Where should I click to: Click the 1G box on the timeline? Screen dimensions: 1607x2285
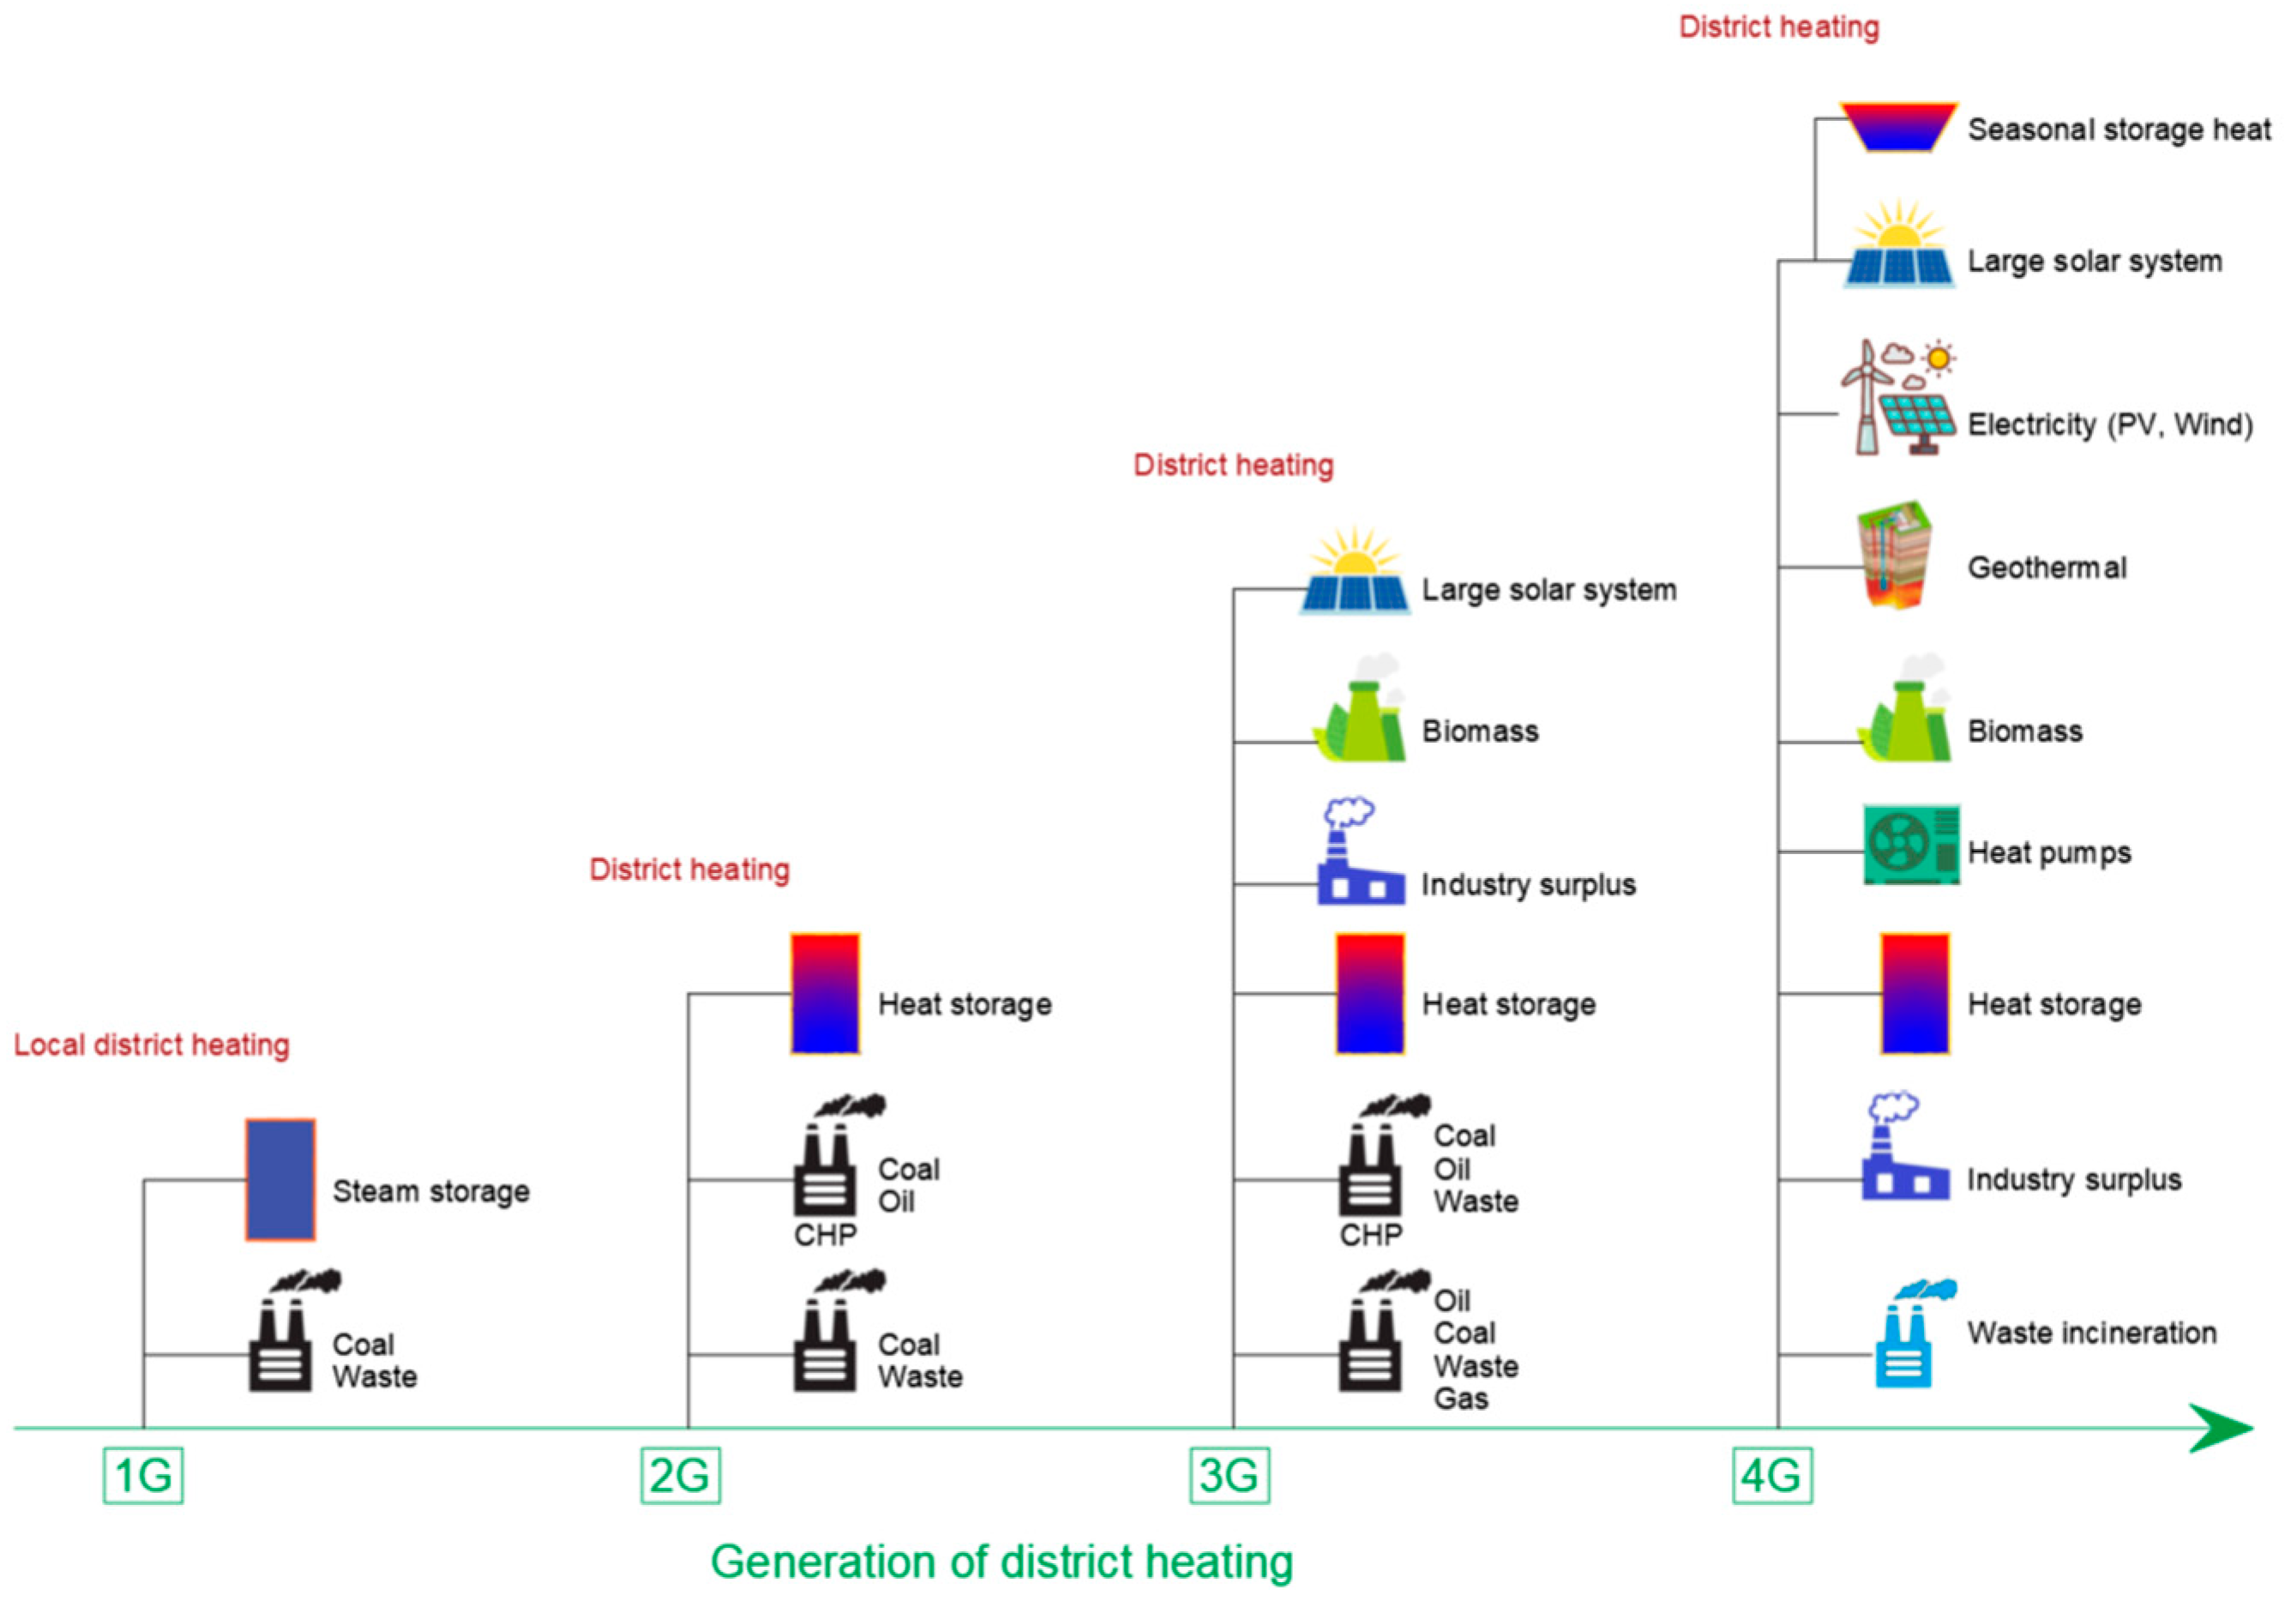pos(143,1475)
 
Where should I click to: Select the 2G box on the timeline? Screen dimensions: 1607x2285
pos(680,1475)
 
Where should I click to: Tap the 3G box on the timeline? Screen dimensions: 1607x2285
pos(1229,1475)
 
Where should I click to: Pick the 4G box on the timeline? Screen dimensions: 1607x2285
pos(1771,1475)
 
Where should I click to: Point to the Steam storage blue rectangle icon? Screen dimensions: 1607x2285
pos(280,1180)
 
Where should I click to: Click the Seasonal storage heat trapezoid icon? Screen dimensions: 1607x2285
pos(1897,126)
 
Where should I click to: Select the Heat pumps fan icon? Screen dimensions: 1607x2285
pos(1909,845)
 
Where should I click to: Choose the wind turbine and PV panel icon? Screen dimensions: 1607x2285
pos(1895,398)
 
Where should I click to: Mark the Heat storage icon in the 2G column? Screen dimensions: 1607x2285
pos(825,993)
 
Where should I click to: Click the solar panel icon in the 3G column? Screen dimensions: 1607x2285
pos(1355,575)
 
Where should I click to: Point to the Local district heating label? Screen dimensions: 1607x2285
pos(151,1044)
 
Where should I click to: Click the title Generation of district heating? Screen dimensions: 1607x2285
pos(1001,1562)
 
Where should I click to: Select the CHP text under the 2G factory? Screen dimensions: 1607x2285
pos(825,1235)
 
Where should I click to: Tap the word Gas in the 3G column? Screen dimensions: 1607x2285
pos(1460,1398)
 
